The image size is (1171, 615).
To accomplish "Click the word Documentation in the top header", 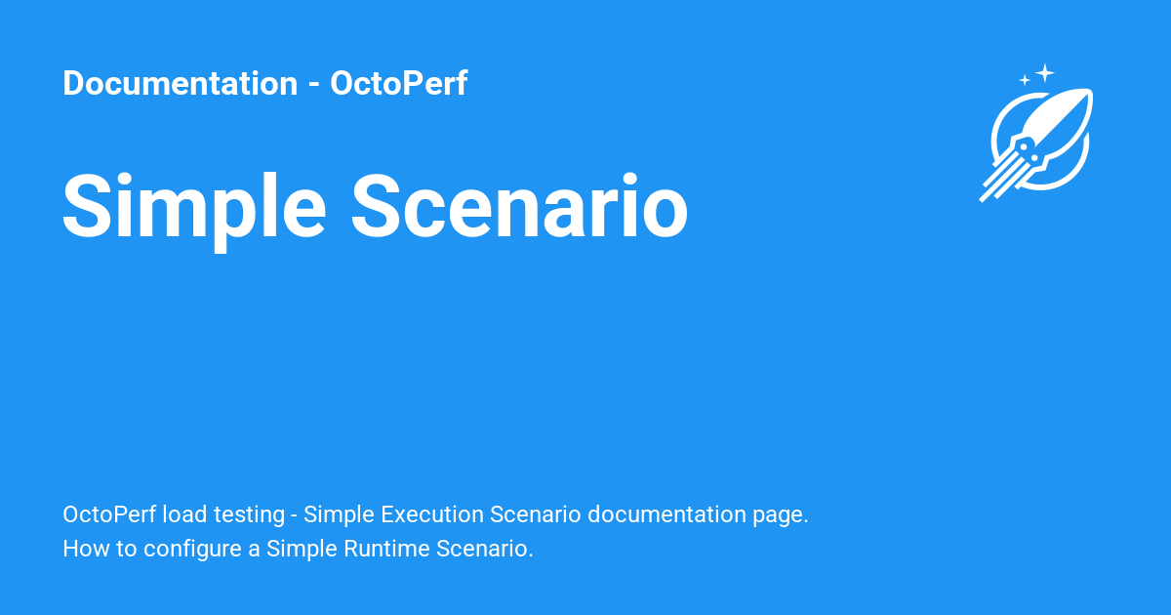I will tap(180, 84).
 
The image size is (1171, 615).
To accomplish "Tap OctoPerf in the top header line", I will tap(398, 84).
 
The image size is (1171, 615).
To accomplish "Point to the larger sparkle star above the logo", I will tap(1045, 72).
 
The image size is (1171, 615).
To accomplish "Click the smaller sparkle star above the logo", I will tap(1025, 80).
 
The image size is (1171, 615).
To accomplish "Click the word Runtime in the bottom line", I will tap(386, 549).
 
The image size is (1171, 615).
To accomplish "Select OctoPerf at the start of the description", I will tap(108, 514).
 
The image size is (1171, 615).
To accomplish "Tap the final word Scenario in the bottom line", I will tap(484, 549).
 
